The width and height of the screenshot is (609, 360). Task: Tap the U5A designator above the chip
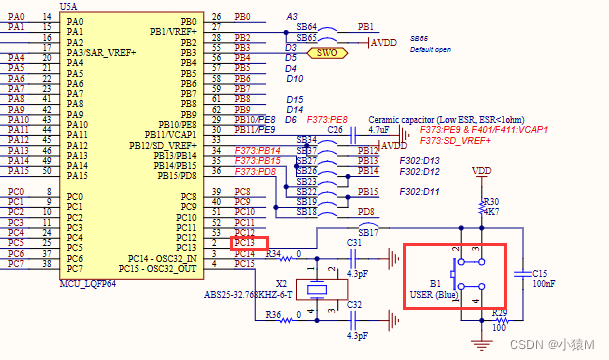click(x=69, y=7)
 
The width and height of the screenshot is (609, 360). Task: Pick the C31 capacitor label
click(x=354, y=243)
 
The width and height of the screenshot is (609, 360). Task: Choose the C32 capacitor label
click(x=354, y=306)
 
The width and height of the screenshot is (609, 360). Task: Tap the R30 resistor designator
click(x=491, y=200)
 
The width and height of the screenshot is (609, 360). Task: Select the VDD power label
click(x=481, y=171)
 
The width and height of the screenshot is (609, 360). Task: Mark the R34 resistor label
click(x=273, y=254)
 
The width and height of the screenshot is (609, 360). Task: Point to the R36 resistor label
click(x=273, y=317)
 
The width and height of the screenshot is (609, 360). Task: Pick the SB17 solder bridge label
click(x=369, y=231)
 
